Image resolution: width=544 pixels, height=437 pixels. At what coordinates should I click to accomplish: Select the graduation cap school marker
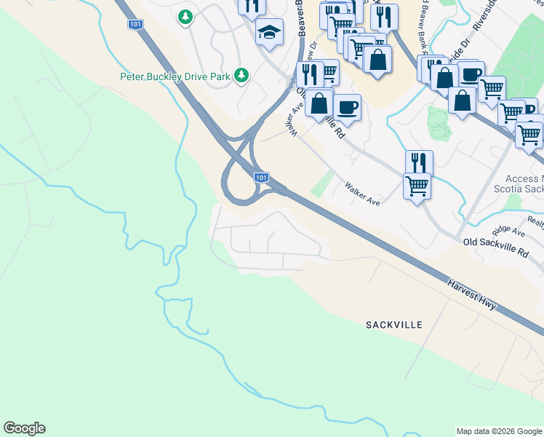[269, 32]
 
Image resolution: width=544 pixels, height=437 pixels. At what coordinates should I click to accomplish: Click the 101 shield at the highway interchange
[262, 178]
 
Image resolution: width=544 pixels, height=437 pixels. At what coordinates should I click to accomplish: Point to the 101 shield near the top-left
[135, 25]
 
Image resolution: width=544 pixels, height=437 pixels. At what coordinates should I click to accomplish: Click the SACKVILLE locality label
[395, 323]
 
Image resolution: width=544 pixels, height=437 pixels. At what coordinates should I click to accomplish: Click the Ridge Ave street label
[508, 232]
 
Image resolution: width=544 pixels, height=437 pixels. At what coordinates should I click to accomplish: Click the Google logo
[24, 428]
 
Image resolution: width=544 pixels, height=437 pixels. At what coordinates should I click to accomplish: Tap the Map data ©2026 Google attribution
[499, 431]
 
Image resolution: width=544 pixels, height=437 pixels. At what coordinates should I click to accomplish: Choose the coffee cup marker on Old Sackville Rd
[348, 106]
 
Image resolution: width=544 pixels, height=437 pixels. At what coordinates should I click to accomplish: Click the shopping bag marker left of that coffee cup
[319, 103]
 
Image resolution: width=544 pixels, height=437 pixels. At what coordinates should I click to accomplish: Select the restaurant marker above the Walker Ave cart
[419, 162]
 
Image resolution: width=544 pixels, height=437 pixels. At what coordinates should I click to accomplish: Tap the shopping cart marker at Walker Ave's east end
[417, 186]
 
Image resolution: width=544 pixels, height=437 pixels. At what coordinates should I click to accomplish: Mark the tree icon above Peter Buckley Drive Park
[185, 16]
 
